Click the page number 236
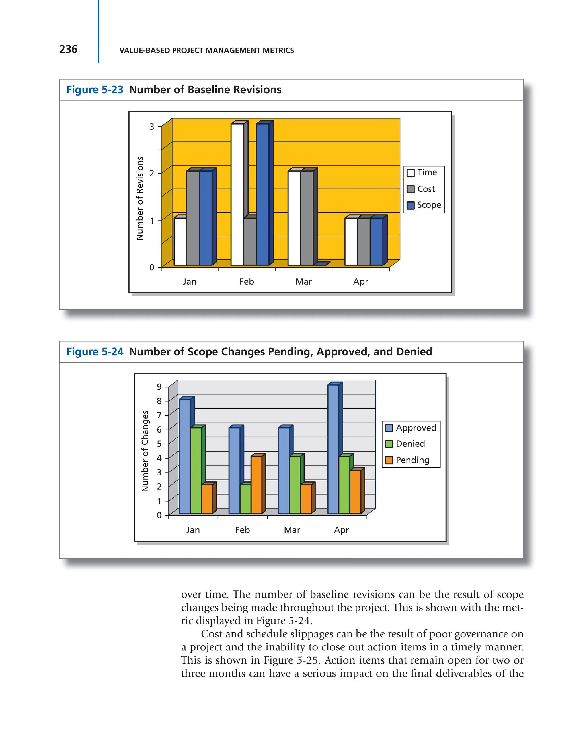pyautogui.click(x=68, y=49)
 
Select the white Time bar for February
pyautogui.click(x=237, y=194)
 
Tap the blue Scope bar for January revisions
pyautogui.click(x=206, y=218)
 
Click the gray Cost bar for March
pyautogui.click(x=307, y=218)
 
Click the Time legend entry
pyautogui.click(x=422, y=173)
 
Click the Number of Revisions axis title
pyautogui.click(x=140, y=198)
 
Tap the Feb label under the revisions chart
pyautogui.click(x=247, y=281)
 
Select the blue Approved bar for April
pyautogui.click(x=333, y=448)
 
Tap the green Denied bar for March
pyautogui.click(x=295, y=484)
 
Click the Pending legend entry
pyautogui.click(x=408, y=460)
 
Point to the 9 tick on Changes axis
pyautogui.click(x=159, y=386)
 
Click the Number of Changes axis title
pyautogui.click(x=145, y=451)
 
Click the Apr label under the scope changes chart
pyautogui.click(x=341, y=530)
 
